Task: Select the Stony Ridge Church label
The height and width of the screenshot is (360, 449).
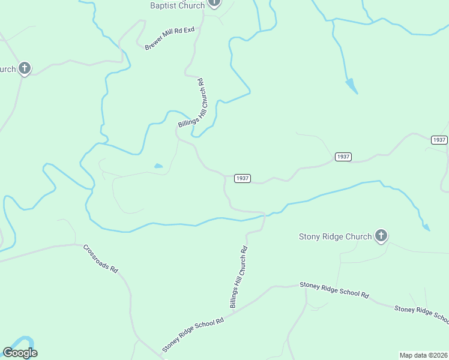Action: (335, 236)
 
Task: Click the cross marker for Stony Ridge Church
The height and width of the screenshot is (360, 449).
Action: (381, 236)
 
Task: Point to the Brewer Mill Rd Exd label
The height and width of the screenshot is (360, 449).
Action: (170, 38)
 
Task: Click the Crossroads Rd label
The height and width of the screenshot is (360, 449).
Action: (101, 259)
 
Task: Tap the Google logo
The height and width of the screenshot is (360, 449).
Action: (20, 353)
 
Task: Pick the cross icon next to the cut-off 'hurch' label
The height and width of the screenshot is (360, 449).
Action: (24, 68)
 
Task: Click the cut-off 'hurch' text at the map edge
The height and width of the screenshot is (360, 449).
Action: (8, 69)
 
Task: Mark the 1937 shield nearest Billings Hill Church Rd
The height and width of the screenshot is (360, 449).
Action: (242, 178)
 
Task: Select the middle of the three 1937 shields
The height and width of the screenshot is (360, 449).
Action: (343, 157)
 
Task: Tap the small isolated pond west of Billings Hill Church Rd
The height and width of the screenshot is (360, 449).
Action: (158, 166)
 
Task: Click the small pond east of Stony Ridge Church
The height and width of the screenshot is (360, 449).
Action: (426, 227)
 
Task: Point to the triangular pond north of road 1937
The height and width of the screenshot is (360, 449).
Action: (352, 86)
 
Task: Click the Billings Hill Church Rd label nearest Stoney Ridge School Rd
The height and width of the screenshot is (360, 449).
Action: (238, 277)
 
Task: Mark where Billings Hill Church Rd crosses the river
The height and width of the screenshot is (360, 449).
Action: (264, 214)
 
